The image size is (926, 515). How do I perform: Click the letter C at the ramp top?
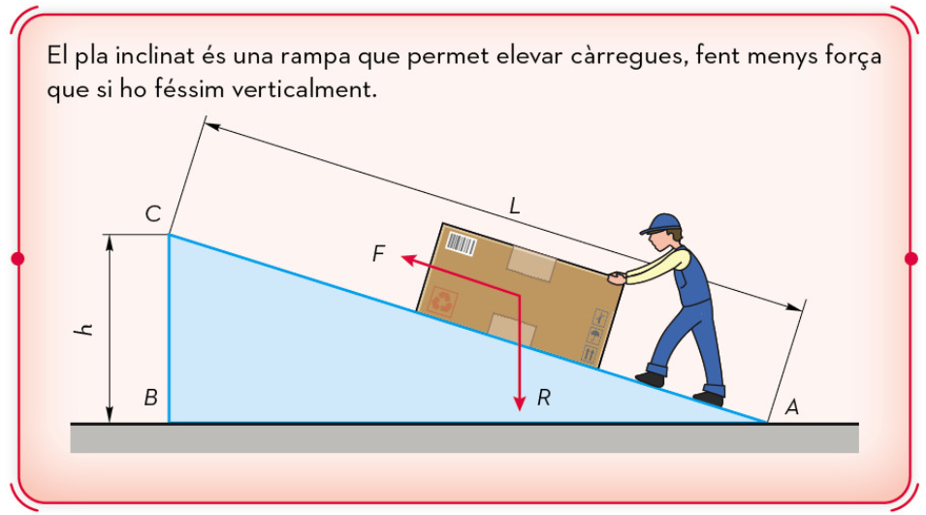[153, 213]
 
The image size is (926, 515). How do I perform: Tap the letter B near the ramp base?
[150, 398]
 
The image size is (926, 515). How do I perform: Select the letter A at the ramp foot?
[791, 407]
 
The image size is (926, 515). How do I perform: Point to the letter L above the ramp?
[514, 207]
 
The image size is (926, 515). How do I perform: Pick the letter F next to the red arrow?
[378, 253]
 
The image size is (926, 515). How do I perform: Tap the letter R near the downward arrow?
[543, 398]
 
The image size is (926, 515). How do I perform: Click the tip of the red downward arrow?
[520, 410]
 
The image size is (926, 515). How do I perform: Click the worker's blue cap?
[661, 224]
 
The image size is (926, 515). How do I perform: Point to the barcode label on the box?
[461, 243]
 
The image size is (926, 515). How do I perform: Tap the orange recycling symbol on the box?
[442, 302]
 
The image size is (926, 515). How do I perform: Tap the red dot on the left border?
[17, 258]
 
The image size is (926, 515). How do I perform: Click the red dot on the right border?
[911, 258]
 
